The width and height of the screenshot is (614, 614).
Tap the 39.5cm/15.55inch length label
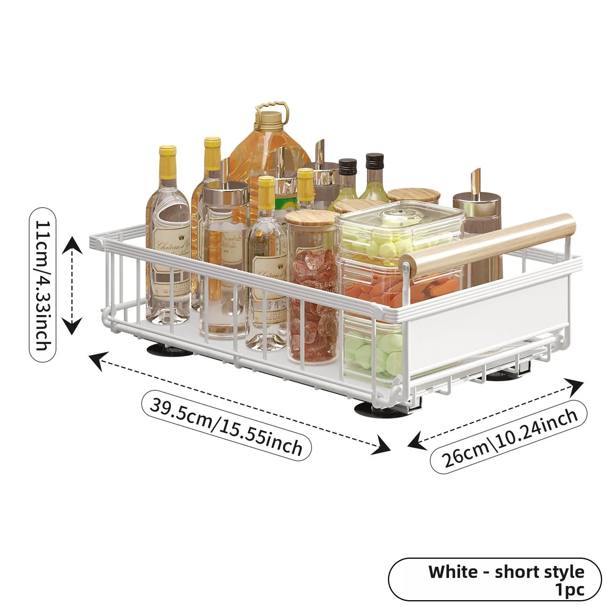(x=226, y=425)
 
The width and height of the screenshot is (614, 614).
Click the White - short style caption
(x=506, y=571)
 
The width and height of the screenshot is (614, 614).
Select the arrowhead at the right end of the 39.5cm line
(x=382, y=446)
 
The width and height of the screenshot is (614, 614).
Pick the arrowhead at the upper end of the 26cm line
(x=574, y=386)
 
